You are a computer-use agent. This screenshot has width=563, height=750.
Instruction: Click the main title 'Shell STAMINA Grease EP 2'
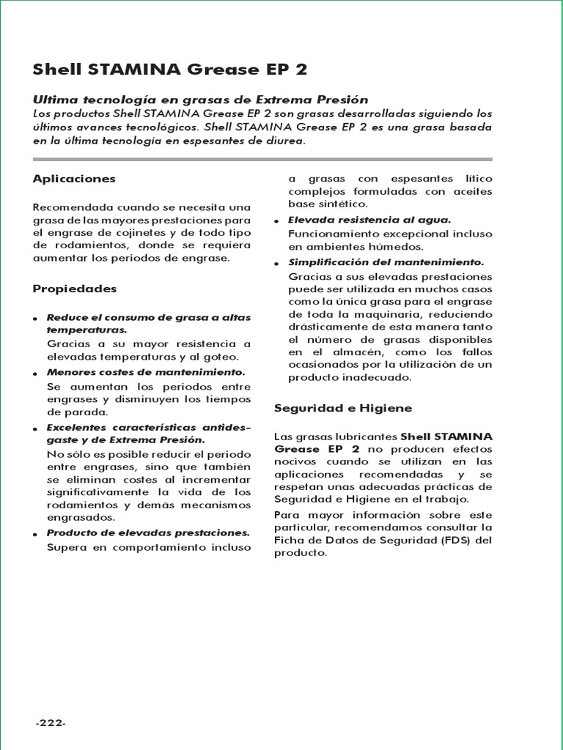point(170,70)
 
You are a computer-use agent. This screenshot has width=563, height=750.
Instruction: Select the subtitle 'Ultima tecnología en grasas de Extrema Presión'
point(200,99)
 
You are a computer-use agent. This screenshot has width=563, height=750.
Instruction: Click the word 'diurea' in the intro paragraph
point(282,140)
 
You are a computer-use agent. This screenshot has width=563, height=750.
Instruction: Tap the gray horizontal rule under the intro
point(263,158)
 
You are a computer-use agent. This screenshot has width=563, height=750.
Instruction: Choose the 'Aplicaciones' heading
point(74,179)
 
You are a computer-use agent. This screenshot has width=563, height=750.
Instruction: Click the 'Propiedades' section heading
point(75,289)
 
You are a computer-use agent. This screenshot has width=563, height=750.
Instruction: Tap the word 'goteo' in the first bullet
point(222,357)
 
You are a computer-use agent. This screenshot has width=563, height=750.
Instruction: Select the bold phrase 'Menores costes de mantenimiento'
point(145,373)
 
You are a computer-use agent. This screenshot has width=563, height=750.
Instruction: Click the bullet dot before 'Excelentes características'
point(36,429)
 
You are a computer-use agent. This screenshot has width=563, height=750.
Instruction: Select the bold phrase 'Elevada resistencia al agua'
point(369,220)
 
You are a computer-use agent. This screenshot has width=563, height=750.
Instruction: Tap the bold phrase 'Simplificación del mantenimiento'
point(386,262)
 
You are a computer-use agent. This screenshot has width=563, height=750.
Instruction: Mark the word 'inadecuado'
point(378,378)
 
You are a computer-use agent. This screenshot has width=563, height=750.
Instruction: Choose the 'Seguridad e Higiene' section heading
point(342,407)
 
